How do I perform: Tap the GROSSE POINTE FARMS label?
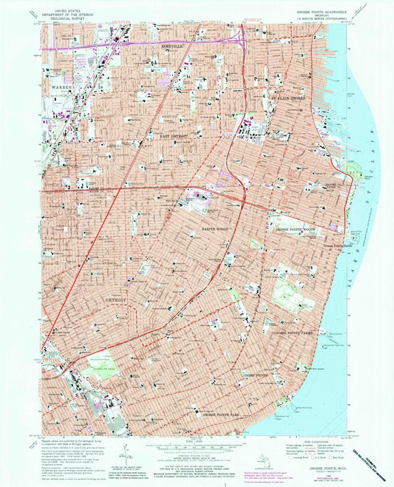point(296,333)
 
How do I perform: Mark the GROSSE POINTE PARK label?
point(228,415)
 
